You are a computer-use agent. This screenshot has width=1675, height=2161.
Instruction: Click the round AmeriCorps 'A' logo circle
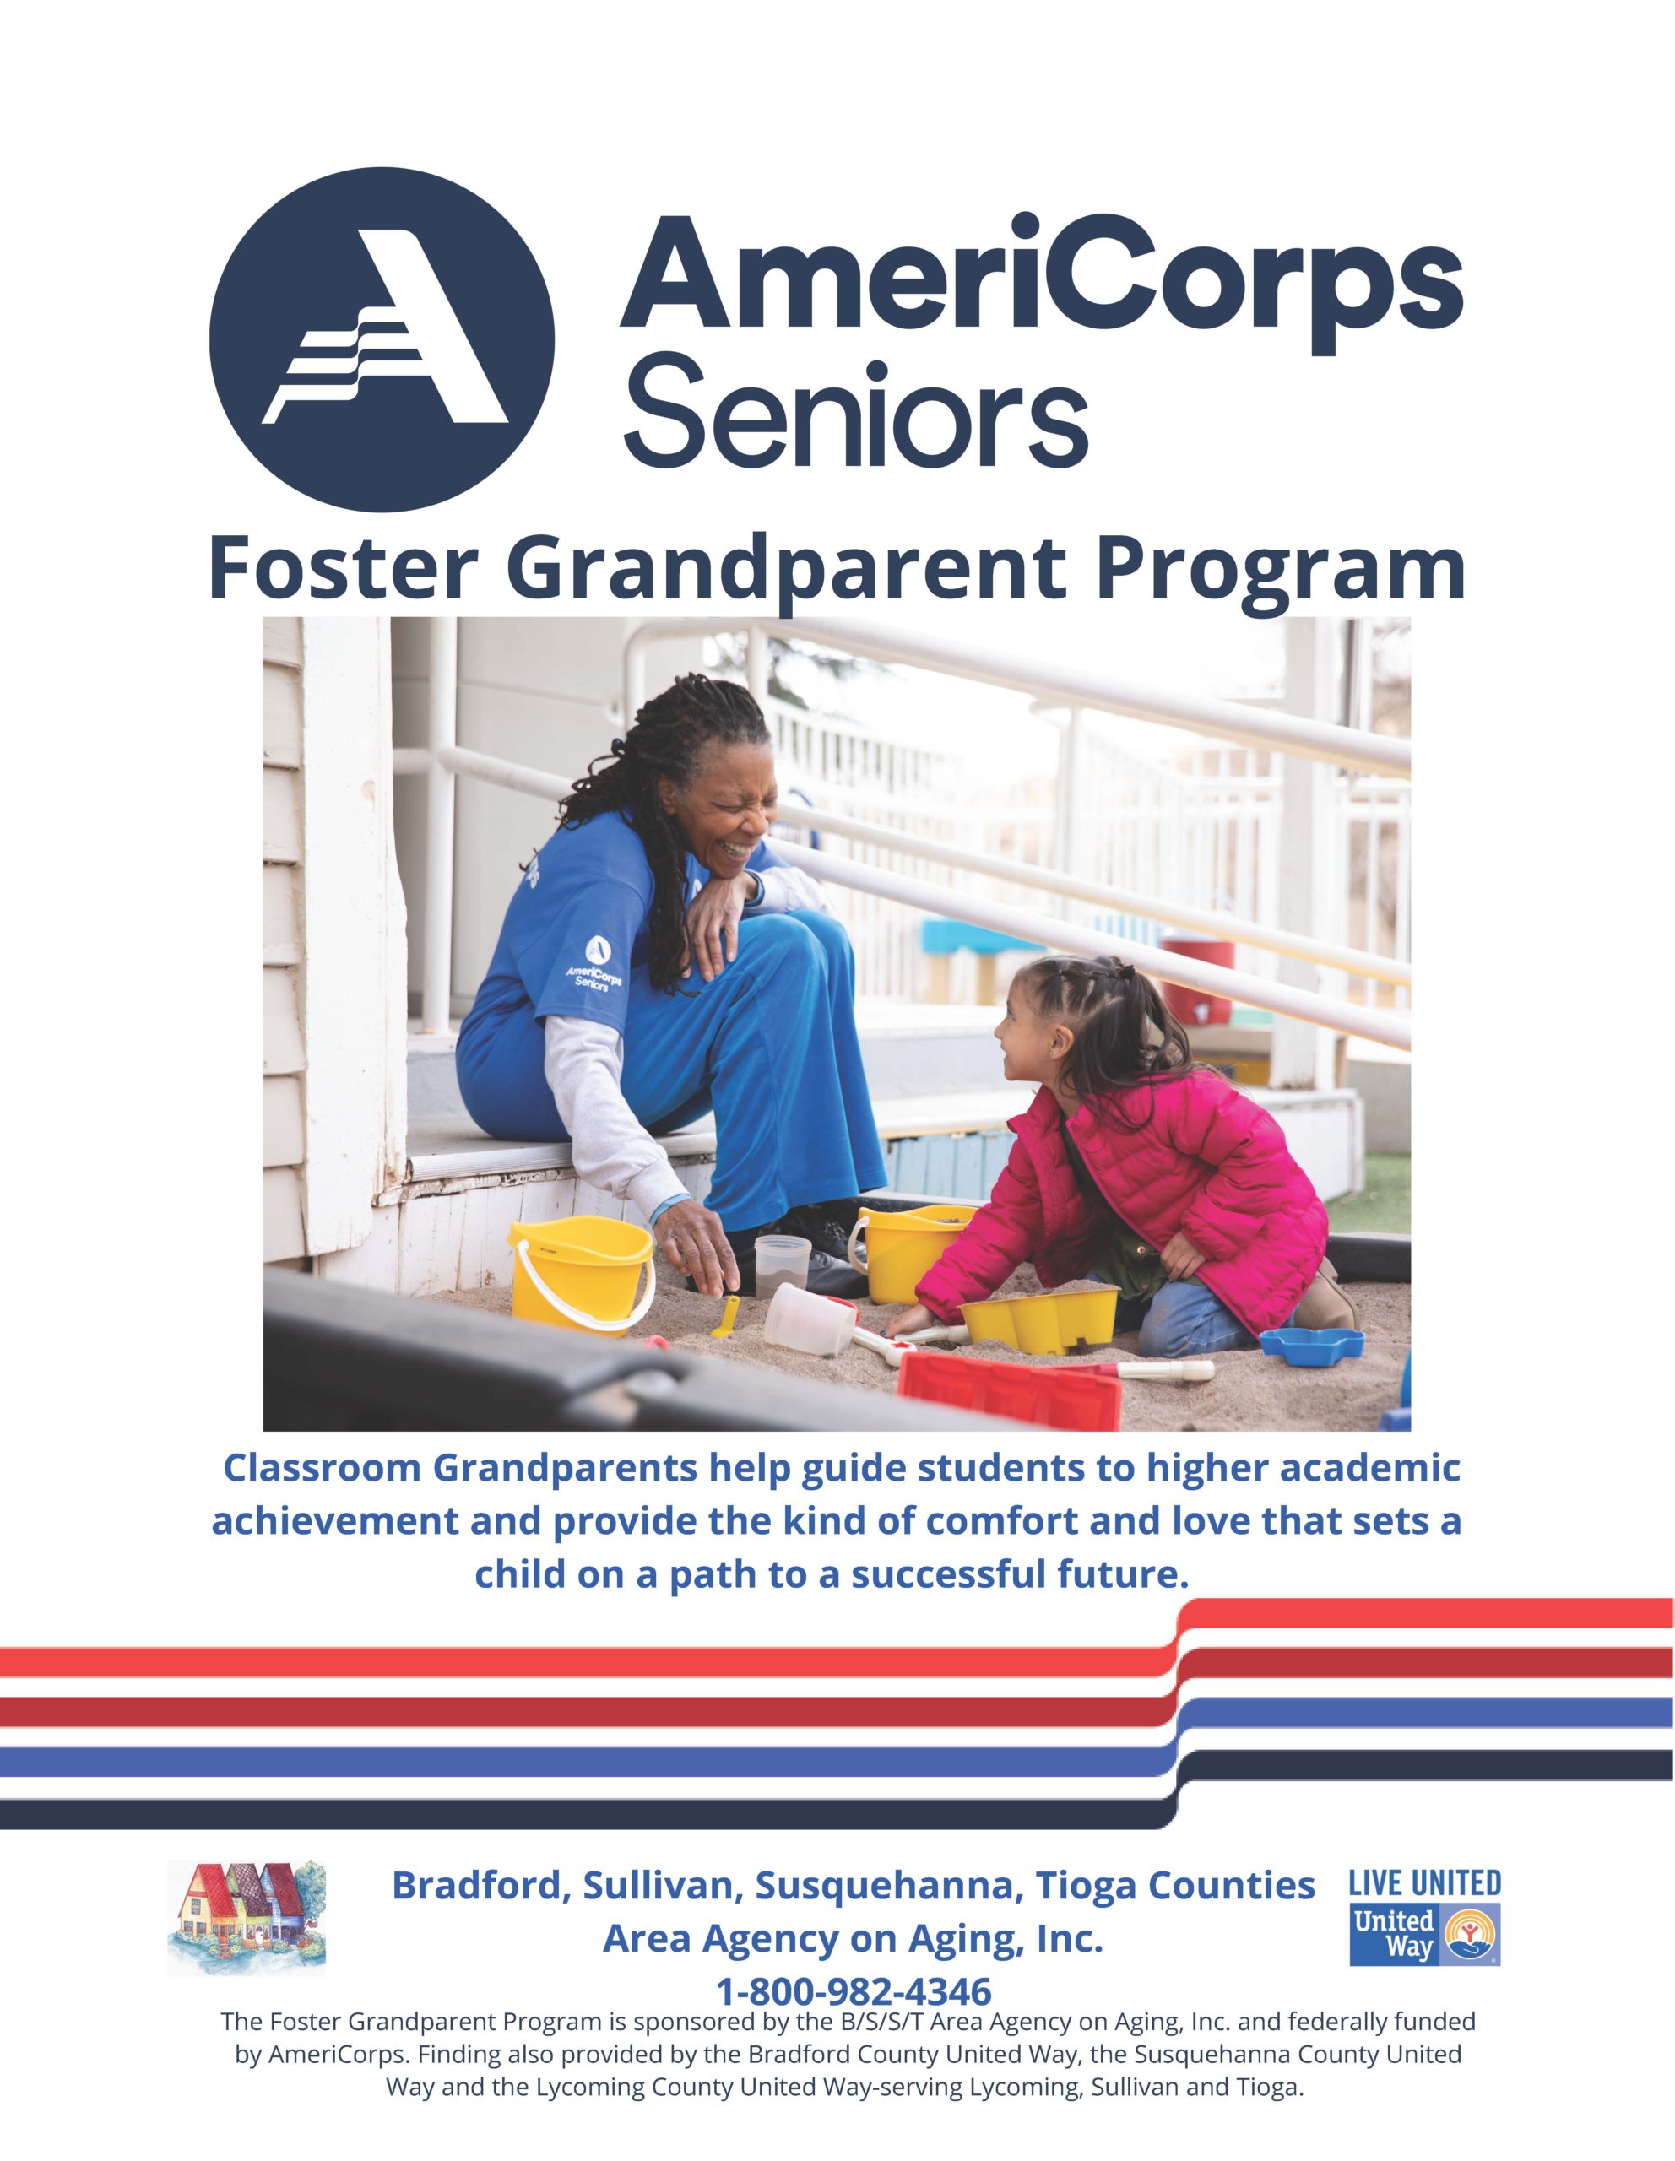coord(381,340)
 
